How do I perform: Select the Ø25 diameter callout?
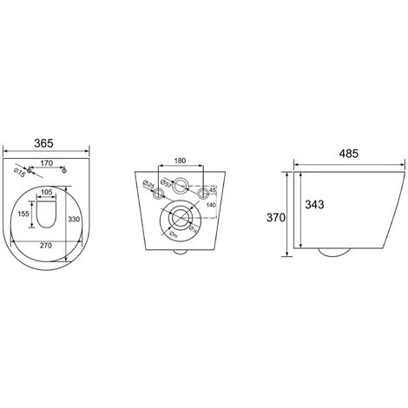pos(148,184)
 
